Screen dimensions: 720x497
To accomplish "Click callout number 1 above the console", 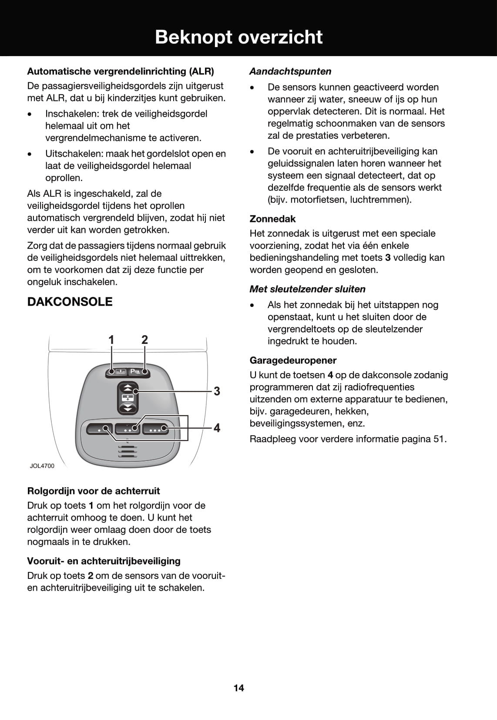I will pos(111,340).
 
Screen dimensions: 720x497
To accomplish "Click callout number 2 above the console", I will pos(144,340).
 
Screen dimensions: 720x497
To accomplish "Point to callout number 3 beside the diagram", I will pos(216,391).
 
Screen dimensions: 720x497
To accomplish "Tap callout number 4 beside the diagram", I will pos(216,428).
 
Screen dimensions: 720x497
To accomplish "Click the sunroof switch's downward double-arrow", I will pos(128,407).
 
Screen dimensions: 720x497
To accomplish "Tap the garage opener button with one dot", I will pos(100,429).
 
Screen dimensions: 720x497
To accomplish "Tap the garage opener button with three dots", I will pos(155,429).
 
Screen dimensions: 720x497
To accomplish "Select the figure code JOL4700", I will pos(42,466).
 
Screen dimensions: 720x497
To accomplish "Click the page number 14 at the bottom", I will pos(239,688).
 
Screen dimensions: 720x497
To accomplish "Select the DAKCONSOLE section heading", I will pos(70,302).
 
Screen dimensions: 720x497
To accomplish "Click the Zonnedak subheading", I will pos(272,219).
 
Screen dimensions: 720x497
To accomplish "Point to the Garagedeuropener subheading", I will pos(293,360).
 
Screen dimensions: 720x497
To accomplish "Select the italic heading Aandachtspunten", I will pos(290,71).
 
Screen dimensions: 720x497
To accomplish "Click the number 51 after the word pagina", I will pos(439,439).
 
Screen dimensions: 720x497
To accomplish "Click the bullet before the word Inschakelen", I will pos(30,114).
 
